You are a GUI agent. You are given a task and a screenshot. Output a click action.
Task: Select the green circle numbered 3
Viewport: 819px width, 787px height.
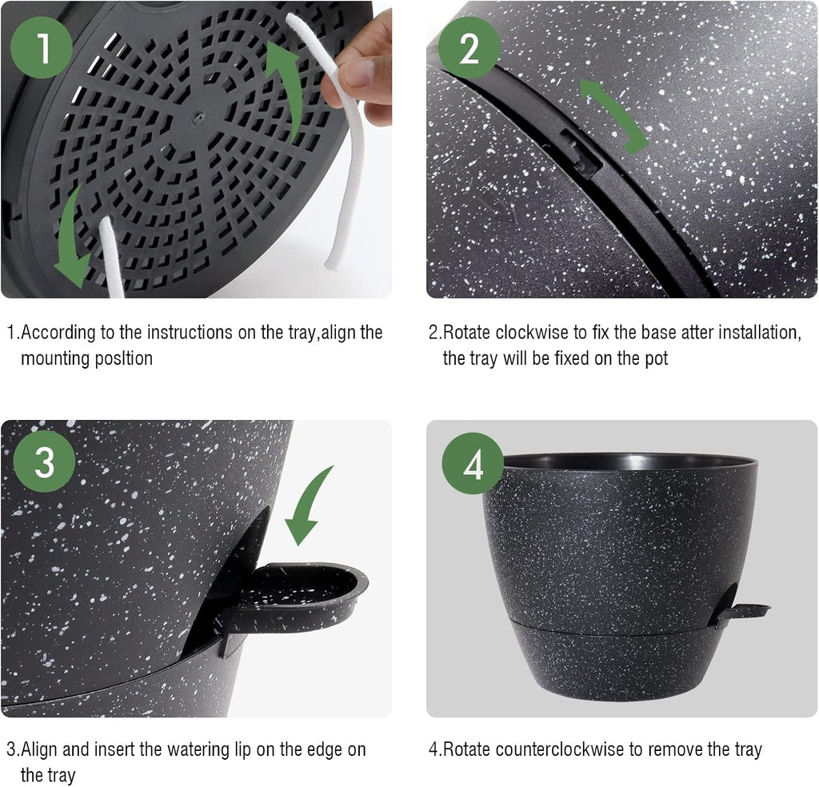point(44,461)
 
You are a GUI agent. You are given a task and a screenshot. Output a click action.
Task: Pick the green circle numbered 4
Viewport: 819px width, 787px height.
point(473,464)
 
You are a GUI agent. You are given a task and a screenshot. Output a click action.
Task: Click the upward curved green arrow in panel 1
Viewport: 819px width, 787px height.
point(286,88)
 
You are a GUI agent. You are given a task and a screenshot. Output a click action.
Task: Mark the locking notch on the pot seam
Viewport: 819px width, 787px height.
point(582,152)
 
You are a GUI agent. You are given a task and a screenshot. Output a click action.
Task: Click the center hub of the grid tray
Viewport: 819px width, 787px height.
point(194,118)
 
